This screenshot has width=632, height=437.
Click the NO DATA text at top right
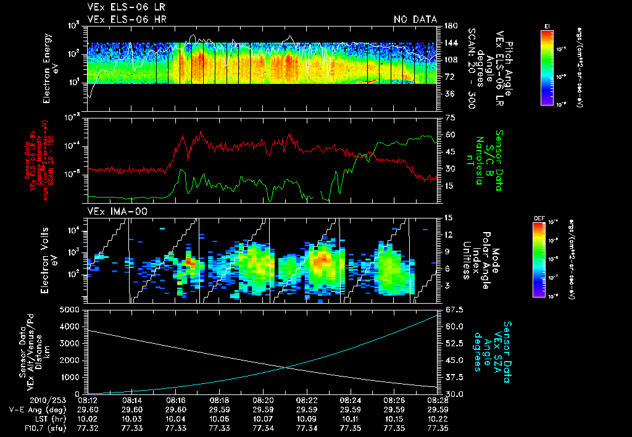(x=415, y=19)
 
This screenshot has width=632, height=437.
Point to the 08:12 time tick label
(x=89, y=400)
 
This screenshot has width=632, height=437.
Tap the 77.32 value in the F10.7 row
(x=89, y=428)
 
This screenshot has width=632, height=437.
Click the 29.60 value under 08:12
(x=89, y=409)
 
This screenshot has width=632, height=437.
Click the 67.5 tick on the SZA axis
(x=451, y=309)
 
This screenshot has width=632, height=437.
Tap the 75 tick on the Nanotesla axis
(x=447, y=117)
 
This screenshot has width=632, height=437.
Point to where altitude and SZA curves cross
(x=286, y=368)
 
